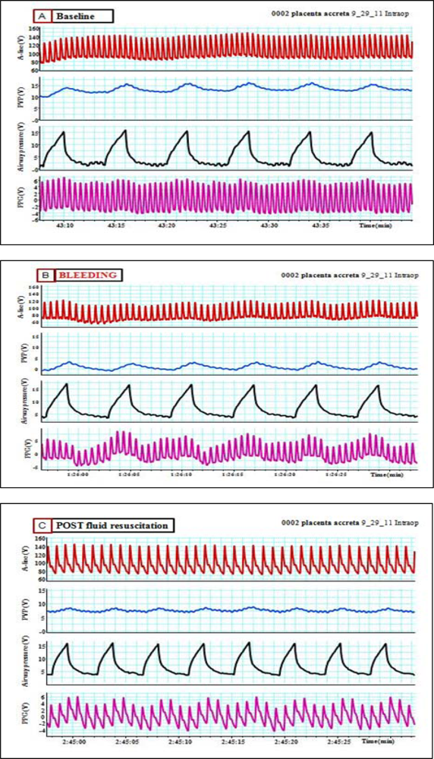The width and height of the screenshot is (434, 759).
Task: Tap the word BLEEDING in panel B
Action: coord(89,276)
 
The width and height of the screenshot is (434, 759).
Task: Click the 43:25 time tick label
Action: coord(219,225)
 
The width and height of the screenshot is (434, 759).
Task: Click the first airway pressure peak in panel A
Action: coord(64,132)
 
